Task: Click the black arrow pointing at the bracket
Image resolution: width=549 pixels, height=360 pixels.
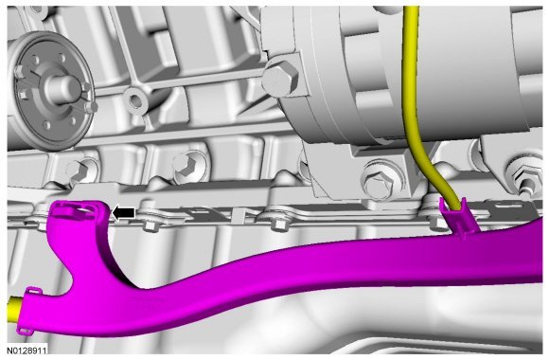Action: (123, 213)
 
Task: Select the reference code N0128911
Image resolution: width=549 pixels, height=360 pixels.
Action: (27, 351)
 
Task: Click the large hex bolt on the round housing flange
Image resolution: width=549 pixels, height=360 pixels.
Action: (280, 79)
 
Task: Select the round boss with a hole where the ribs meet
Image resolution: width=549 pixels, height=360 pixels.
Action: (134, 99)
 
